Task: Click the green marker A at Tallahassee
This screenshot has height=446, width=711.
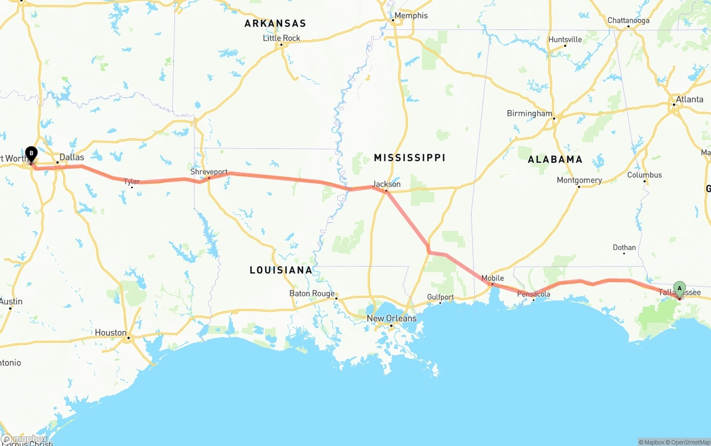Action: tap(679, 288)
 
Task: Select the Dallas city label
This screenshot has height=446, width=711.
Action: tap(72, 157)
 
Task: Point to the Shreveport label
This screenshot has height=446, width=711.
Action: tap(209, 172)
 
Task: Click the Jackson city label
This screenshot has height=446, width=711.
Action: tap(387, 184)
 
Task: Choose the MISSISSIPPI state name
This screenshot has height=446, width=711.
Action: tap(409, 158)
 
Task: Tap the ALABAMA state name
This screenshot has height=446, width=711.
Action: tap(555, 159)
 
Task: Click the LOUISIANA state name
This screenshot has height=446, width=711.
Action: tap(281, 270)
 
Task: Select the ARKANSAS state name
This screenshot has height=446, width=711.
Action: tap(275, 23)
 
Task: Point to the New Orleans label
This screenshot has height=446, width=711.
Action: tap(392, 318)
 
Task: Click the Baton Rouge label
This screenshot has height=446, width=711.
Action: tap(312, 293)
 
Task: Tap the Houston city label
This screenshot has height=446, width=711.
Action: tap(111, 333)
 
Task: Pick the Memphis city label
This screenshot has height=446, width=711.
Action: tap(411, 16)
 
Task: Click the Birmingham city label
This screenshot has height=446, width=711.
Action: tap(529, 113)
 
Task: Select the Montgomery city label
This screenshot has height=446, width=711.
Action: tap(579, 180)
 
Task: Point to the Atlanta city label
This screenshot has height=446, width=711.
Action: tap(689, 99)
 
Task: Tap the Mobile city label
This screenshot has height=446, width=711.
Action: tap(493, 278)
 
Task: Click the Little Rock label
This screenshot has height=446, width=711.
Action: tap(282, 38)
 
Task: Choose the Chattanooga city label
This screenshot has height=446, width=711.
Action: tap(628, 21)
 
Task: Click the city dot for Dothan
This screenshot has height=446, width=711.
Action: tap(624, 253)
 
